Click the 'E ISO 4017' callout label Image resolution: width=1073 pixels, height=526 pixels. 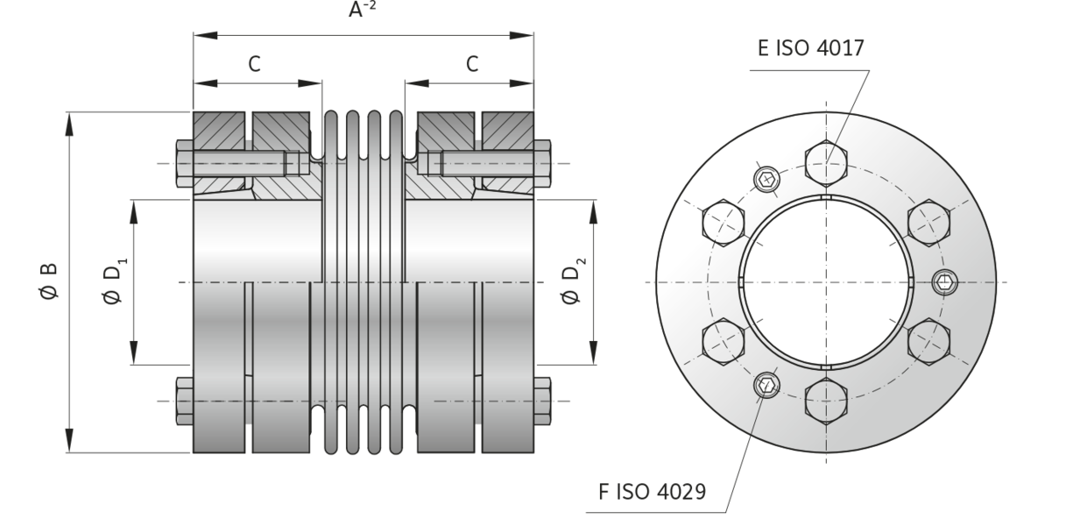(x=811, y=49)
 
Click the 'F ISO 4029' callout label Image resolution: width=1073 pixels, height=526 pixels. (x=652, y=492)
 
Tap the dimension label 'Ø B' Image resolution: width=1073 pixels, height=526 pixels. (x=49, y=281)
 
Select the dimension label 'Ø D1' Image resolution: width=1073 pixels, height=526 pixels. (x=113, y=281)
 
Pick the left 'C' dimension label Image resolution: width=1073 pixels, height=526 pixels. (x=254, y=64)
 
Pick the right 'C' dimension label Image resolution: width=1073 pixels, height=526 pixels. (x=472, y=64)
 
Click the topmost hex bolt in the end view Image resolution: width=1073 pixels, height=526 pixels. (x=825, y=160)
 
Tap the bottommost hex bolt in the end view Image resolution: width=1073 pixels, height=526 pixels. (x=825, y=402)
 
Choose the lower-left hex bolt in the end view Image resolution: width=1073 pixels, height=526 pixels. (x=722, y=341)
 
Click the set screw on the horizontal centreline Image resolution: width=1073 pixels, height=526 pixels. (x=945, y=281)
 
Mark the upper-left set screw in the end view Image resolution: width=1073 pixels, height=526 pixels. (x=766, y=179)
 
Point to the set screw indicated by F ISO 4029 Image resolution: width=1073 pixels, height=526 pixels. (x=766, y=384)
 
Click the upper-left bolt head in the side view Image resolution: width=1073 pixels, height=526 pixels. (x=184, y=163)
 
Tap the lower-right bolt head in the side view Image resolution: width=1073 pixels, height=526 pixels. (x=542, y=401)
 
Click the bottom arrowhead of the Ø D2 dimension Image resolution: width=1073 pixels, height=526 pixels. (x=593, y=352)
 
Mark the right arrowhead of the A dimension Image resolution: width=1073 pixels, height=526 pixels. (x=523, y=35)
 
